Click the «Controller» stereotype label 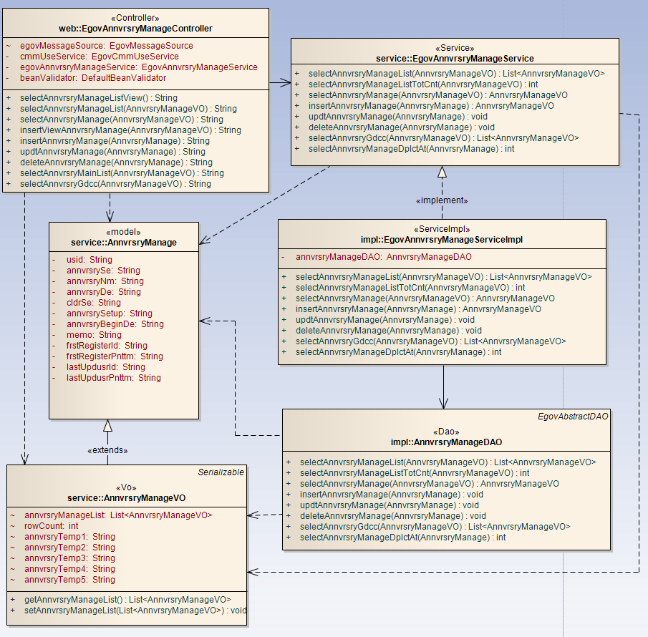(x=135, y=18)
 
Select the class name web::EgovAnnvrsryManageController (x=135, y=29)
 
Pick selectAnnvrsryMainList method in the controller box (x=122, y=173)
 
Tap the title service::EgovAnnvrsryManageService (x=455, y=58)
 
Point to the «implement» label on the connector (x=442, y=200)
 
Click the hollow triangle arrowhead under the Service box (x=442, y=172)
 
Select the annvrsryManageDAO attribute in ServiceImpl (x=383, y=256)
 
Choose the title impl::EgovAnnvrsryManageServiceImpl (x=442, y=240)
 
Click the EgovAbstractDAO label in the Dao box (x=573, y=416)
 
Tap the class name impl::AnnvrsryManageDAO (x=447, y=442)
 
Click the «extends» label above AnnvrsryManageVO (x=107, y=450)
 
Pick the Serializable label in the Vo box (x=221, y=472)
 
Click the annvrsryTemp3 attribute (x=69, y=558)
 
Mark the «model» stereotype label (x=123, y=233)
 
